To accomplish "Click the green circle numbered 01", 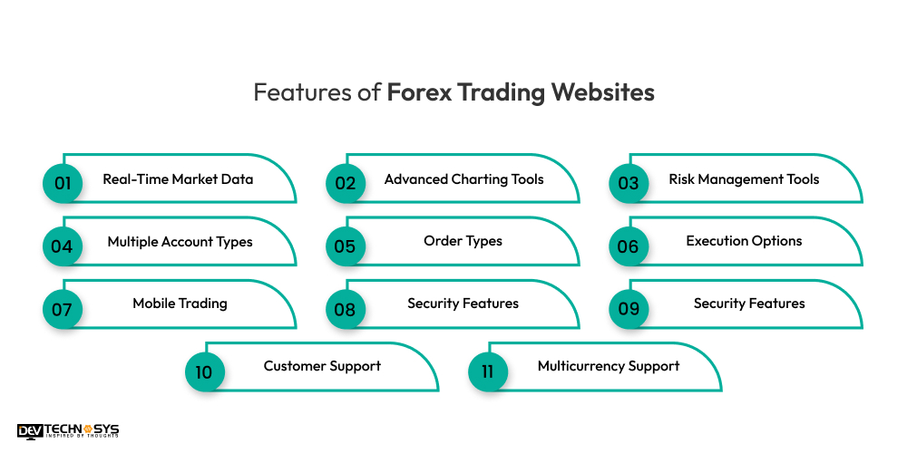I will click(63, 183).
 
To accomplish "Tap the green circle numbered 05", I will click(346, 246).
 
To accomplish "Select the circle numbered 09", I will click(629, 308).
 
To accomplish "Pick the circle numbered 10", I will click(204, 371).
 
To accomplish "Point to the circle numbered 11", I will click(487, 371).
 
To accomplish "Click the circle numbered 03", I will click(629, 183).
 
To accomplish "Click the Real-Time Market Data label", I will click(178, 179).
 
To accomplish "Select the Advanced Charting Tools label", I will click(463, 179).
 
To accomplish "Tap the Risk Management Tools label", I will click(744, 179).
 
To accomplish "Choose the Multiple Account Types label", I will click(180, 242).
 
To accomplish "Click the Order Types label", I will click(463, 242).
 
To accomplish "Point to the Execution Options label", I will click(744, 242).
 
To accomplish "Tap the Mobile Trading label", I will click(180, 304).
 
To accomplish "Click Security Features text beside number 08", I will click(463, 304).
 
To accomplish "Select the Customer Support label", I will click(322, 366).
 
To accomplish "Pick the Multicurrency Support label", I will click(608, 366).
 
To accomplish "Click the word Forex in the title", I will click(419, 93).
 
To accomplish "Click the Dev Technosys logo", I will click(68, 431).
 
